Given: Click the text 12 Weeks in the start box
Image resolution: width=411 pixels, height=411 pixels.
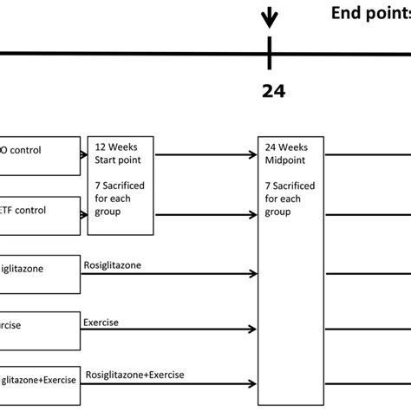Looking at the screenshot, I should click(115, 147).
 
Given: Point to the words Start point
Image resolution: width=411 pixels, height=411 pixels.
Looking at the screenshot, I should click(118, 159).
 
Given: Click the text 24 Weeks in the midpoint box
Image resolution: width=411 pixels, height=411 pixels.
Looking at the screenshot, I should click(288, 147).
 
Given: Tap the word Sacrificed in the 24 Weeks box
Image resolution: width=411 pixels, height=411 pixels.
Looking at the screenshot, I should click(298, 186).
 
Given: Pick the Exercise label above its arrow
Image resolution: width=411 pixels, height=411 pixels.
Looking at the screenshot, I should click(101, 322).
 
